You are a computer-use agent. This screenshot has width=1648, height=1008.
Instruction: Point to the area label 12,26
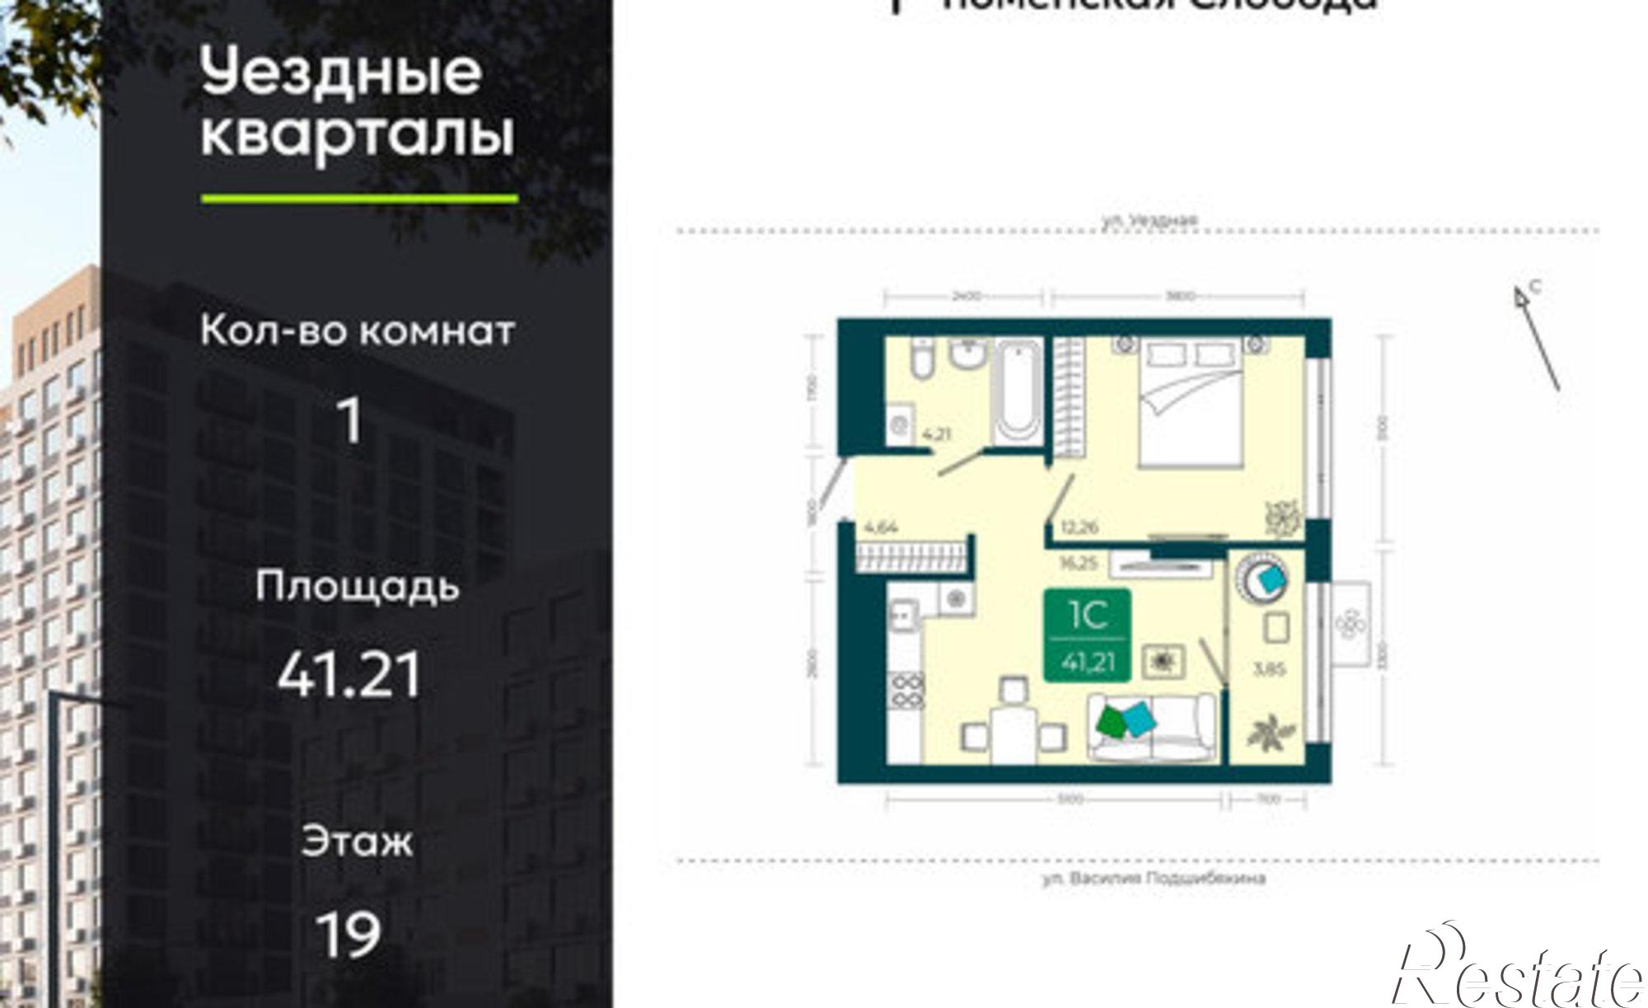point(1079,527)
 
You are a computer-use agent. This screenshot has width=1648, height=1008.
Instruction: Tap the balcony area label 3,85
point(1269,669)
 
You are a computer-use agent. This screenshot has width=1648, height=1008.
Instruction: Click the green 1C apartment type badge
point(1087,635)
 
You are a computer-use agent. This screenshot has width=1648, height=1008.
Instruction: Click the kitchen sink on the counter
point(904,616)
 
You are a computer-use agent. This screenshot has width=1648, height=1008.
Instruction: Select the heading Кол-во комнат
point(357,331)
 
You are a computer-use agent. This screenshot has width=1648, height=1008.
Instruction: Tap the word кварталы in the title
point(357,135)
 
